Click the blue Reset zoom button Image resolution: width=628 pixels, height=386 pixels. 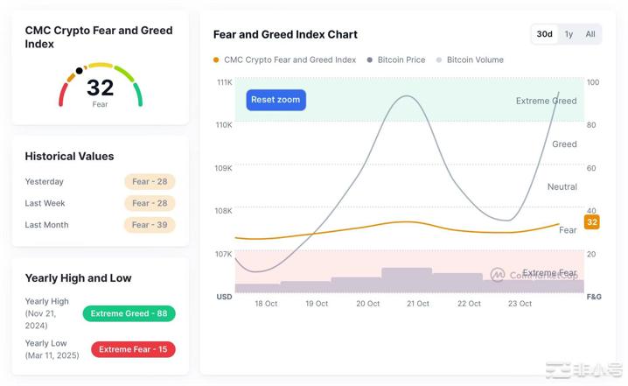click(276, 100)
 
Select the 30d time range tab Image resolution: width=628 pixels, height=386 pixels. click(544, 34)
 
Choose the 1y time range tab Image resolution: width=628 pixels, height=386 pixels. click(569, 34)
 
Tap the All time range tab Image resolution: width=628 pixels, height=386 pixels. click(590, 34)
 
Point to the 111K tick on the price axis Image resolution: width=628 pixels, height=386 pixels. click(225, 82)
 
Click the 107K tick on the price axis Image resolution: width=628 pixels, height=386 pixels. click(225, 254)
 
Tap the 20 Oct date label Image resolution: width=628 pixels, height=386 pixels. click(367, 304)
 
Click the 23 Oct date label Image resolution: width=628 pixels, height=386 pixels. click(520, 304)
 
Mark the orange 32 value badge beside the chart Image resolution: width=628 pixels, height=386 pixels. click(592, 222)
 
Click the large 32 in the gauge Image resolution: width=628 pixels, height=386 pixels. click(101, 88)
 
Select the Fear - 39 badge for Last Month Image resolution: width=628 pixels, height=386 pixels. click(150, 225)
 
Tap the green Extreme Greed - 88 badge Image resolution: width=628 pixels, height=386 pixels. click(129, 313)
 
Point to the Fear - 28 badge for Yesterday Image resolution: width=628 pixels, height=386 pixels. click(150, 182)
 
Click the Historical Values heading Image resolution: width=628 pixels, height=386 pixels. click(69, 157)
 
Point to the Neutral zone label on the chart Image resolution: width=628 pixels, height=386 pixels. click(562, 186)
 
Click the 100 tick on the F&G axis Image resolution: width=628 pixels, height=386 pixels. click(593, 82)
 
